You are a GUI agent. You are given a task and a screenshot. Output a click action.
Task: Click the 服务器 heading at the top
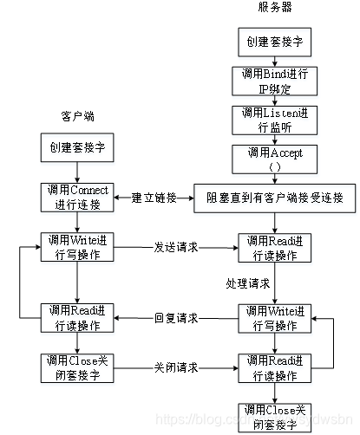click(x=275, y=7)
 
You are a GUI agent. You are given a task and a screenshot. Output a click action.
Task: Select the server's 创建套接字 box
click(x=274, y=41)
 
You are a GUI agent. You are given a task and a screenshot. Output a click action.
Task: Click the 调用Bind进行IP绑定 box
click(x=274, y=82)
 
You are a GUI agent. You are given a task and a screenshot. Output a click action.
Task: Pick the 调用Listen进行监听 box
click(x=274, y=121)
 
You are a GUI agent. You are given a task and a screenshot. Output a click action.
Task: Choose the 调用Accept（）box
click(x=274, y=159)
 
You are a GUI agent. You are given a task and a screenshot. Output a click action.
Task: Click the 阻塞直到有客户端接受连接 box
click(x=273, y=198)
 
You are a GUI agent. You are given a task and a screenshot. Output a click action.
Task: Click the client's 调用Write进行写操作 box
click(x=77, y=246)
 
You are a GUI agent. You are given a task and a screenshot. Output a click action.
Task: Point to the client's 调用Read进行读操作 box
click(x=77, y=318)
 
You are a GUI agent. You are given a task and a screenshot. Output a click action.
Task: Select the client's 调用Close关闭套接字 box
click(x=77, y=367)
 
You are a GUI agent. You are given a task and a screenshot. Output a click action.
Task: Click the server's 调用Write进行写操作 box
click(x=274, y=318)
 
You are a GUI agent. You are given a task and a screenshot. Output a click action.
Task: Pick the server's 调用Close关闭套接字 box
click(x=274, y=416)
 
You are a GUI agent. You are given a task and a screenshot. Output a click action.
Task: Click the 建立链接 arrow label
click(x=154, y=198)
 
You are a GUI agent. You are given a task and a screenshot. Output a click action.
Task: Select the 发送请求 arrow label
click(x=176, y=247)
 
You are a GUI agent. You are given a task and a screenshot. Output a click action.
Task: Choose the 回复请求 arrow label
click(x=176, y=318)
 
